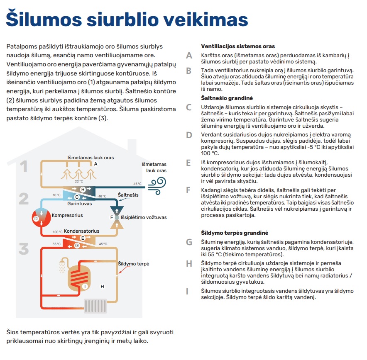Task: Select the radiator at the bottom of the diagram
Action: [x=95, y=306]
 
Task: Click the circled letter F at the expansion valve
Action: [x=112, y=217]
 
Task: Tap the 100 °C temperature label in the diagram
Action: [x=58, y=232]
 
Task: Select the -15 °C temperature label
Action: [x=137, y=184]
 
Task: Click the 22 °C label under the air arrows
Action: [x=78, y=181]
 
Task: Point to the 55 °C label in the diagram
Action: [x=56, y=244]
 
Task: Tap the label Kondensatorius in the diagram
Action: [x=82, y=231]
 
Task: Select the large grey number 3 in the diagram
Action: [x=24, y=249]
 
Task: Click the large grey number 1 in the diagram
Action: [x=24, y=166]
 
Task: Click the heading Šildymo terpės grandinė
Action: [x=235, y=233]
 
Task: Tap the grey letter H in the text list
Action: [x=189, y=263]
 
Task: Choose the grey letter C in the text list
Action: [x=189, y=107]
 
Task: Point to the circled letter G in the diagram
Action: [x=76, y=246]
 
